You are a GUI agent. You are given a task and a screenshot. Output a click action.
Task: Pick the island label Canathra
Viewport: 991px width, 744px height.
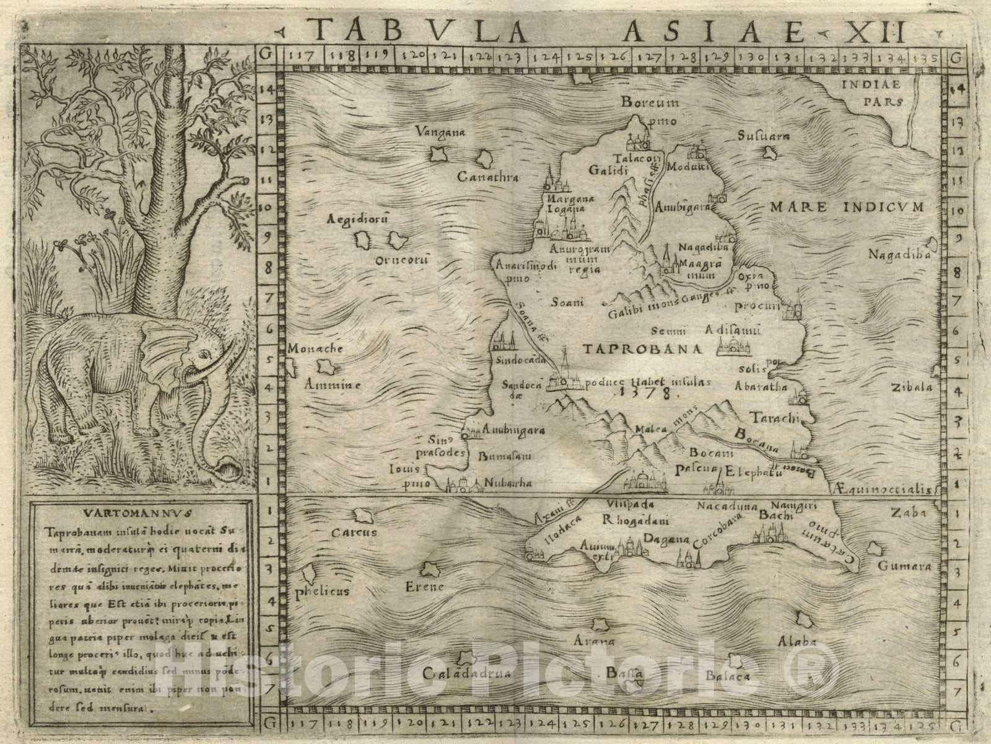click(487, 178)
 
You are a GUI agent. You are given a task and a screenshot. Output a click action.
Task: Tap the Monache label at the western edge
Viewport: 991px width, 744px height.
click(315, 349)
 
